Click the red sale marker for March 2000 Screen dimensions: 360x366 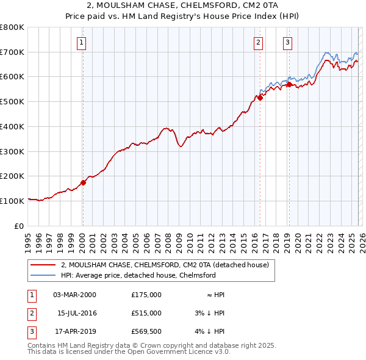(x=83, y=182)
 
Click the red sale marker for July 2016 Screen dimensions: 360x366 (x=260, y=98)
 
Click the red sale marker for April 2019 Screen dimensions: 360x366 (x=289, y=85)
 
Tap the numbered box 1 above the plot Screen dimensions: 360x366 (x=82, y=42)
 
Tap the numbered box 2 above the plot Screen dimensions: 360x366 (x=259, y=42)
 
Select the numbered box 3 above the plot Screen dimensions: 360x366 (x=287, y=42)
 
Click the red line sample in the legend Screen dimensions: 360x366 (x=45, y=265)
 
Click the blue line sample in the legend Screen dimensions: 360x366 (x=45, y=275)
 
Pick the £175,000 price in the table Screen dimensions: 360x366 (x=146, y=295)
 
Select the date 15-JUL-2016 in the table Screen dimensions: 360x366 (x=77, y=313)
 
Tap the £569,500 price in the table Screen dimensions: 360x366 (x=146, y=331)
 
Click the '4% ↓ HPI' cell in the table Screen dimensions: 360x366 (x=211, y=331)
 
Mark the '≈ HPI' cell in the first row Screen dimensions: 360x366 (x=215, y=295)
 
